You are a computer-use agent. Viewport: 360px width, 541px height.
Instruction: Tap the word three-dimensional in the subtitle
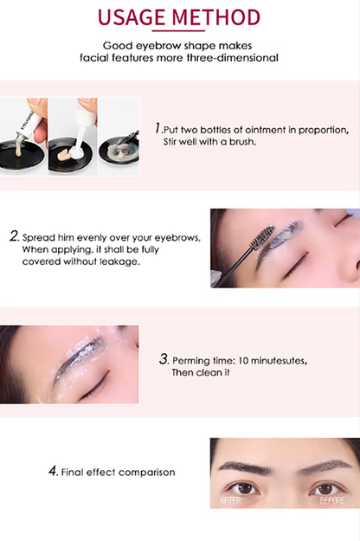[x=232, y=58]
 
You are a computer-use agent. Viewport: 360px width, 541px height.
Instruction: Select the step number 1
[x=158, y=128]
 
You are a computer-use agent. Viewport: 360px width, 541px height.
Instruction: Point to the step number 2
[x=14, y=235]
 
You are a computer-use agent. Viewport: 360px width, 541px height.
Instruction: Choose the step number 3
[x=164, y=358]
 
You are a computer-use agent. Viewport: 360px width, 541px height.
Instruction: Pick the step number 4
[x=53, y=472]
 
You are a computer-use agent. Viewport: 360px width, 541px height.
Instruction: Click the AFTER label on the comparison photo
[x=231, y=500]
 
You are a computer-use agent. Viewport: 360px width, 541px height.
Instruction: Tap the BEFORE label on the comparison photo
[x=332, y=500]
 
